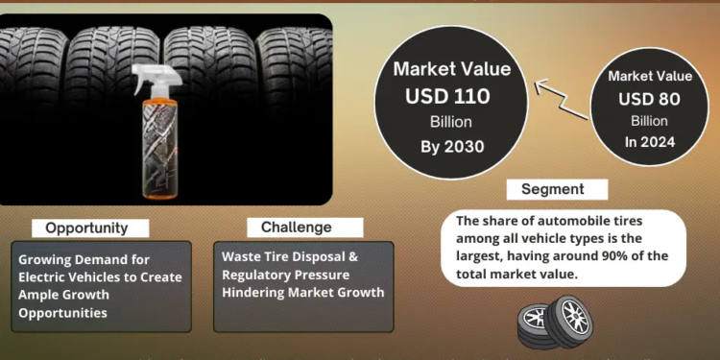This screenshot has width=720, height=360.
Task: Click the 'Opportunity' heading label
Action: tap(86, 228)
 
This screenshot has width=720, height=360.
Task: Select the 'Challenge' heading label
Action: tap(296, 228)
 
